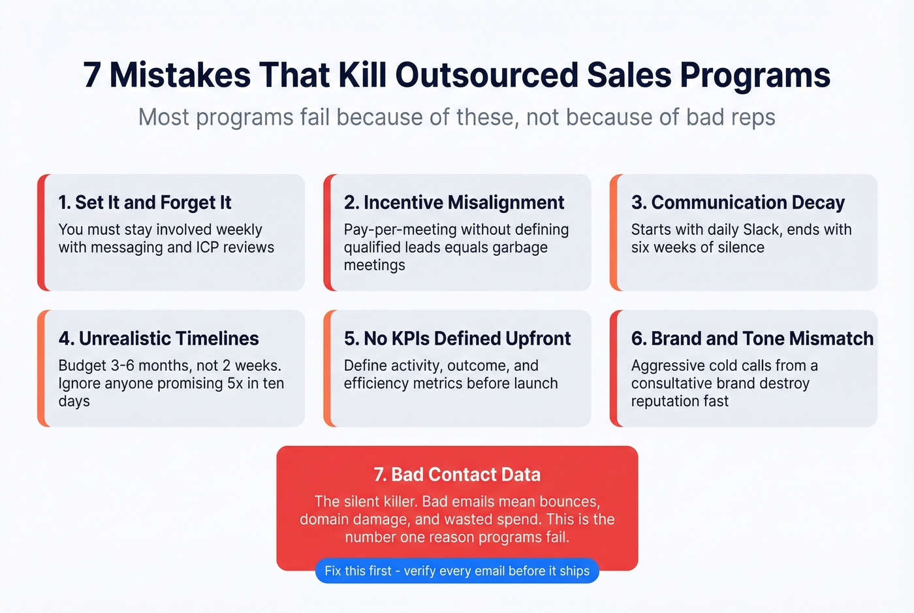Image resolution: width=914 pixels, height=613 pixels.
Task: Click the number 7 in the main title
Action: click(92, 75)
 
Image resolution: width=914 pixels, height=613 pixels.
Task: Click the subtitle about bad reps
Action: click(456, 118)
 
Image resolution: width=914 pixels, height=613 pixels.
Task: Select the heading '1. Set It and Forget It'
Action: click(145, 203)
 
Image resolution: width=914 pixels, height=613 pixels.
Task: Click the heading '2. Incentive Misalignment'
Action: click(454, 203)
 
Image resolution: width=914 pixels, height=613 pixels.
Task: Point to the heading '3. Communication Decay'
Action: click(738, 203)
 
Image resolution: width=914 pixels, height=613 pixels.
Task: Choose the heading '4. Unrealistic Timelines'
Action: click(159, 339)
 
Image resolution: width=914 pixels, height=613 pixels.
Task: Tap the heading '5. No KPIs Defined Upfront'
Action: click(457, 339)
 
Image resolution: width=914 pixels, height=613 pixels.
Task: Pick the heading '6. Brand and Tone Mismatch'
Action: click(751, 339)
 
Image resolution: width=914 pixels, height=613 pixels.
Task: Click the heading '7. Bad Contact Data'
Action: click(457, 475)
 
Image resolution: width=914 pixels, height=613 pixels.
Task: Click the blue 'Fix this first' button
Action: click(457, 571)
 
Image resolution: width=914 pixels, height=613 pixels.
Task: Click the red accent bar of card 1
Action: click(41, 232)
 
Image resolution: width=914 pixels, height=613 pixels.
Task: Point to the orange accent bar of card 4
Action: click(41, 368)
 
